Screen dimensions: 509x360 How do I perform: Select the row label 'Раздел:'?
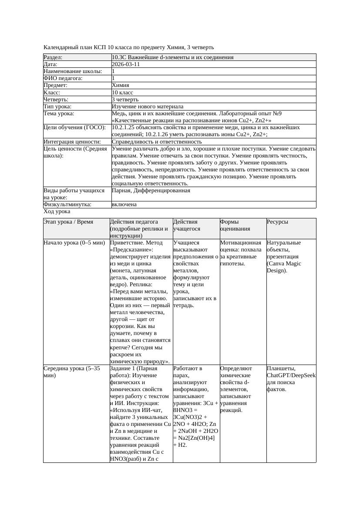53,57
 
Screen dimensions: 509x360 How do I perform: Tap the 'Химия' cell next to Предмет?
120,85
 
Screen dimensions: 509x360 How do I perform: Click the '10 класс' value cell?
122,93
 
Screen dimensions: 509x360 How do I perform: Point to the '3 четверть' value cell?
124,100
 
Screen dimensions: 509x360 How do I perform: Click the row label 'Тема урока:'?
59,114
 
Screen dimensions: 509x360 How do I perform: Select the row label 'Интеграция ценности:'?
72,142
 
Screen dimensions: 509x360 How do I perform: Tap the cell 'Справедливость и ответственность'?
157,142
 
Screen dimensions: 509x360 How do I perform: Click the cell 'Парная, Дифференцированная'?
151,191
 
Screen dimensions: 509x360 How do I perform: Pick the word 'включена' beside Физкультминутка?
124,204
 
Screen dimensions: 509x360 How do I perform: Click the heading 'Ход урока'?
57,211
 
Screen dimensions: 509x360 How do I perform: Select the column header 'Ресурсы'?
277,222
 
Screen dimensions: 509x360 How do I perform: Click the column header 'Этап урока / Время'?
68,222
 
